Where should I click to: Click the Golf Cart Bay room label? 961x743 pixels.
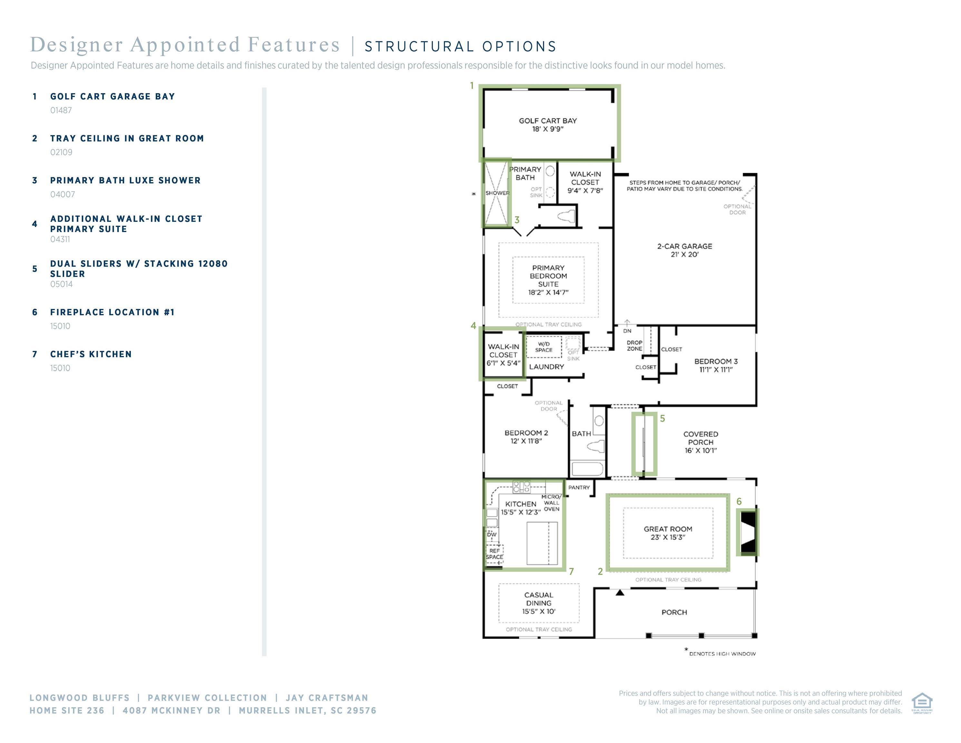[x=547, y=121]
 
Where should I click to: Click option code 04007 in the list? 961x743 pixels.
[x=63, y=194]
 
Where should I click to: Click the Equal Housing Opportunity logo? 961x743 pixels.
[x=922, y=703]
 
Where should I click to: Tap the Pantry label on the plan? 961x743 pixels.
[x=579, y=487]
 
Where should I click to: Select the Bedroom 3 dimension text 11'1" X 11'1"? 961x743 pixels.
[x=716, y=370]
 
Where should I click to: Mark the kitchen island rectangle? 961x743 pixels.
[x=542, y=543]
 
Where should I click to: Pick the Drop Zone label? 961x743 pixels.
[x=634, y=345]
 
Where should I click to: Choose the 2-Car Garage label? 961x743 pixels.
[x=685, y=246]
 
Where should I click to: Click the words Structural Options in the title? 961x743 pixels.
[x=461, y=47]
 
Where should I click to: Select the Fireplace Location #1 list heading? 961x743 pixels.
[x=112, y=312]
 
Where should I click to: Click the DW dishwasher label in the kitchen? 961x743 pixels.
[x=492, y=534]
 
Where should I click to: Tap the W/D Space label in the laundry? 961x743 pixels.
[x=544, y=347]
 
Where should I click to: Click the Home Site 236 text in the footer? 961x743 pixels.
[x=67, y=710]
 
